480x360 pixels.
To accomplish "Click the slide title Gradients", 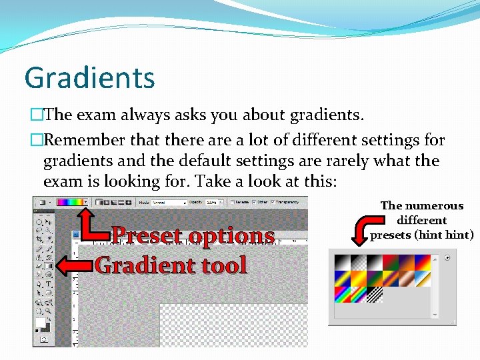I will coord(89,77).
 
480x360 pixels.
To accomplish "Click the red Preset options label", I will coord(193,235).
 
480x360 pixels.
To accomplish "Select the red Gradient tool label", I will coord(171,265).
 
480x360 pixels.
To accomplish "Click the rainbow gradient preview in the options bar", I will coord(69,201).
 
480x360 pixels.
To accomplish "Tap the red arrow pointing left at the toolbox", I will coord(72,266).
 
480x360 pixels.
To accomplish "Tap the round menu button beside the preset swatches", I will coord(447,258).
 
